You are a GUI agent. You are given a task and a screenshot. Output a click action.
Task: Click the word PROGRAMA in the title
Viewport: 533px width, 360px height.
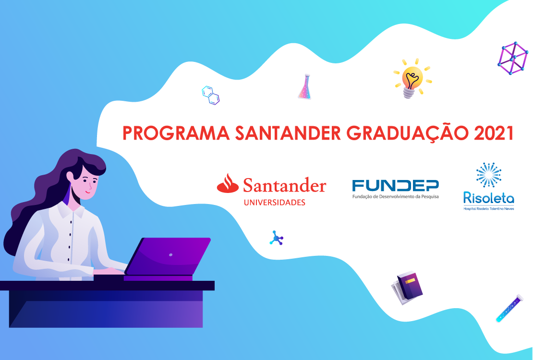point(176,133)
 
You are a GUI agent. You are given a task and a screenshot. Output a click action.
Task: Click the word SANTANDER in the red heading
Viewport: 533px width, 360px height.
point(288,133)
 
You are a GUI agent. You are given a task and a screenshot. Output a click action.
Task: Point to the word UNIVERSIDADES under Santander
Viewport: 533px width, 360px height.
point(275,203)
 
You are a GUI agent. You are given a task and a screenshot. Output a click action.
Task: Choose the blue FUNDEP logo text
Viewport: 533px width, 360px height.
point(395,186)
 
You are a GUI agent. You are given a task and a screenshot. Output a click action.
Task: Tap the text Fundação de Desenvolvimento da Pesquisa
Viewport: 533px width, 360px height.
point(395,196)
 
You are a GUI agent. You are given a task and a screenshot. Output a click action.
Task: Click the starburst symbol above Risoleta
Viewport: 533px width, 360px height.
point(489,175)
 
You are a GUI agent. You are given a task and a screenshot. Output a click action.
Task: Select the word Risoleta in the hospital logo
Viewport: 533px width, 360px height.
point(489,198)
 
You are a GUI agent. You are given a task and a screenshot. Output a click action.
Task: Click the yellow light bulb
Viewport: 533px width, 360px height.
point(412,79)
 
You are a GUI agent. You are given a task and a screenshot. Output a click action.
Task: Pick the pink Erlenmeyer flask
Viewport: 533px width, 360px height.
point(305,87)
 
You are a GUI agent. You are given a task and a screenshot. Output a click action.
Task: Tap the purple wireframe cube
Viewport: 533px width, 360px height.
point(513,58)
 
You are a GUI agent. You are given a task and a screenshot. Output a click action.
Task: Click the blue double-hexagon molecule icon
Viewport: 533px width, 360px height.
point(211,95)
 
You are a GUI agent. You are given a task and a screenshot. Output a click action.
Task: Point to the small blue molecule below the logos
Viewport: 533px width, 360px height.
point(277,238)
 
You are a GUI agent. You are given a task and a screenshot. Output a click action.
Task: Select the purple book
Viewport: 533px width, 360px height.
point(409,286)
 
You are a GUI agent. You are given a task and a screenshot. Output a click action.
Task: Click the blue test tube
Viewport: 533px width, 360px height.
point(509,309)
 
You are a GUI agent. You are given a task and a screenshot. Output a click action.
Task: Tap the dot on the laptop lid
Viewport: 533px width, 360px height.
point(170,254)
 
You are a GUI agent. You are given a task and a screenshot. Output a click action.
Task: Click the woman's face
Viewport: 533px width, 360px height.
point(87,183)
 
